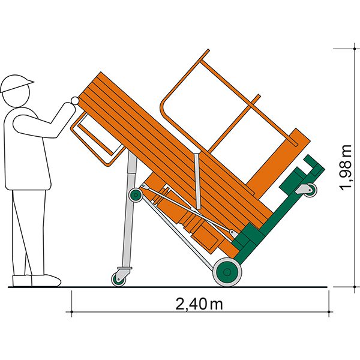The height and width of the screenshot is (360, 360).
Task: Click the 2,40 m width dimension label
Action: coord(199,304)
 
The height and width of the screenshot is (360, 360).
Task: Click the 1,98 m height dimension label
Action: coord(346,167)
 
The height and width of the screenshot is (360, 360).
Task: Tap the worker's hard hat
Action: coord(16,83)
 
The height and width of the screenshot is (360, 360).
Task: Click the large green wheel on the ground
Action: coord(227,272)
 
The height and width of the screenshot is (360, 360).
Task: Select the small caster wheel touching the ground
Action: coord(118,280)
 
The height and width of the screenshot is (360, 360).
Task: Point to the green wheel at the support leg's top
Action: coord(136,195)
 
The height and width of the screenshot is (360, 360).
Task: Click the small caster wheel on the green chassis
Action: coord(311,190)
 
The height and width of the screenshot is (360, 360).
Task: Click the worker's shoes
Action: coord(37,281)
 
